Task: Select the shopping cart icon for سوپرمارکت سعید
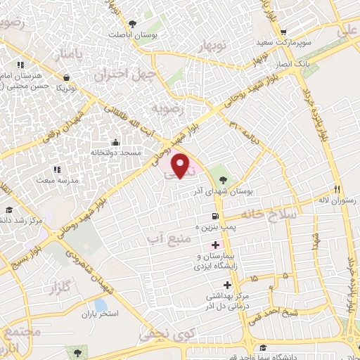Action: (283, 32)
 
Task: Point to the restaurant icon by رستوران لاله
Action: (337, 189)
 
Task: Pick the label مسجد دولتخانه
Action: (120, 153)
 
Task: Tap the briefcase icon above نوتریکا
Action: (66, 77)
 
